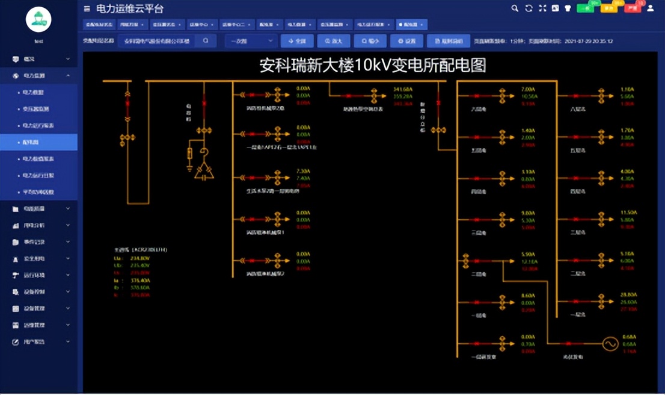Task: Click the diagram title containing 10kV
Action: pyautogui.click(x=372, y=65)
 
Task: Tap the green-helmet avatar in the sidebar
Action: pyautogui.click(x=38, y=20)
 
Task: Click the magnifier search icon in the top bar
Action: pyautogui.click(x=515, y=8)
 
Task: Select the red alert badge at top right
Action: pyautogui.click(x=632, y=8)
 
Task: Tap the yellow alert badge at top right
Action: pyautogui.click(x=608, y=8)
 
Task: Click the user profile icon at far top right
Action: pyautogui.click(x=651, y=8)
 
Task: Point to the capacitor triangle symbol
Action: pyautogui.click(x=204, y=172)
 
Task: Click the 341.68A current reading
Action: pyautogui.click(x=403, y=89)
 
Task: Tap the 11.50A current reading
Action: pyautogui.click(x=628, y=213)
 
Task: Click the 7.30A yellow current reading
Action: pyautogui.click(x=303, y=171)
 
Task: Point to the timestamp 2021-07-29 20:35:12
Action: pyautogui.click(x=589, y=42)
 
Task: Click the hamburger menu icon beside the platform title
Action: pyautogui.click(x=87, y=9)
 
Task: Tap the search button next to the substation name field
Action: pyautogui.click(x=206, y=41)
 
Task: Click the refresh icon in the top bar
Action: pyautogui.click(x=529, y=8)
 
